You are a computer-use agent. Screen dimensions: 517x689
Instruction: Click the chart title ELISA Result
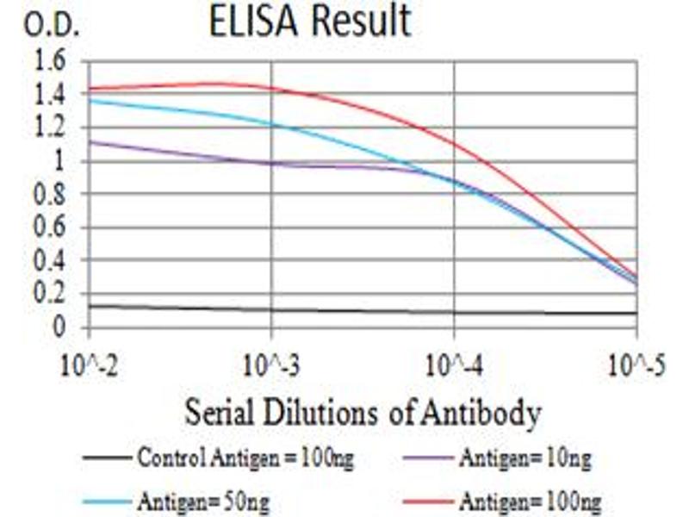pyautogui.click(x=310, y=23)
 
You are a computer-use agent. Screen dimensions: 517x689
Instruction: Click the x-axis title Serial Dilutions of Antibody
pyautogui.click(x=363, y=414)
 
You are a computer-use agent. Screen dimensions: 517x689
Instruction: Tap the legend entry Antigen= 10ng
pyautogui.click(x=525, y=458)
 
